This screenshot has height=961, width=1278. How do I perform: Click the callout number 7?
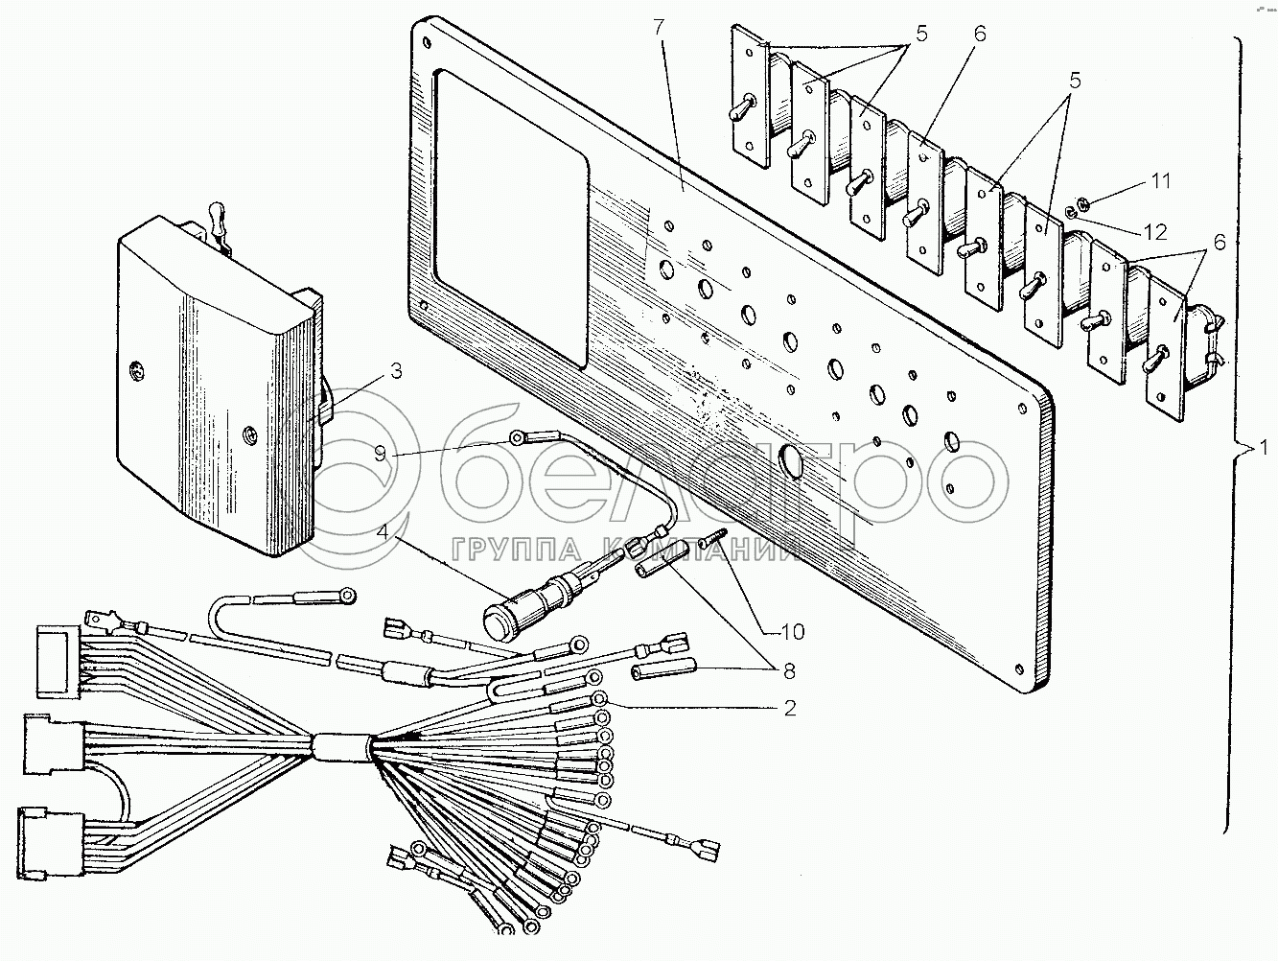tap(659, 28)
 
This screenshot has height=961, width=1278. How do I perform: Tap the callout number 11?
tap(1161, 180)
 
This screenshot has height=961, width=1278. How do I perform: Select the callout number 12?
tap(1154, 232)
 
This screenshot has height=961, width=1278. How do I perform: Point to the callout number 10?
tap(793, 631)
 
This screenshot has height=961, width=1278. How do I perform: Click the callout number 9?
tap(381, 453)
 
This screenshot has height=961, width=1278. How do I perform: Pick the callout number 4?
tap(382, 532)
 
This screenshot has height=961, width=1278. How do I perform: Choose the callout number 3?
tap(396, 370)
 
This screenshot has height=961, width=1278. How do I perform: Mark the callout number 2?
tap(789, 708)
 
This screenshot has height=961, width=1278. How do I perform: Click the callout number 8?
tap(789, 671)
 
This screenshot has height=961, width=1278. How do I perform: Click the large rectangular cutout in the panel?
tap(511, 219)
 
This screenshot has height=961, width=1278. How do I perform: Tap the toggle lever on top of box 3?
tap(219, 223)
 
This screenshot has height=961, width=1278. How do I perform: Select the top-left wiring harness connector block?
tap(58, 661)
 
